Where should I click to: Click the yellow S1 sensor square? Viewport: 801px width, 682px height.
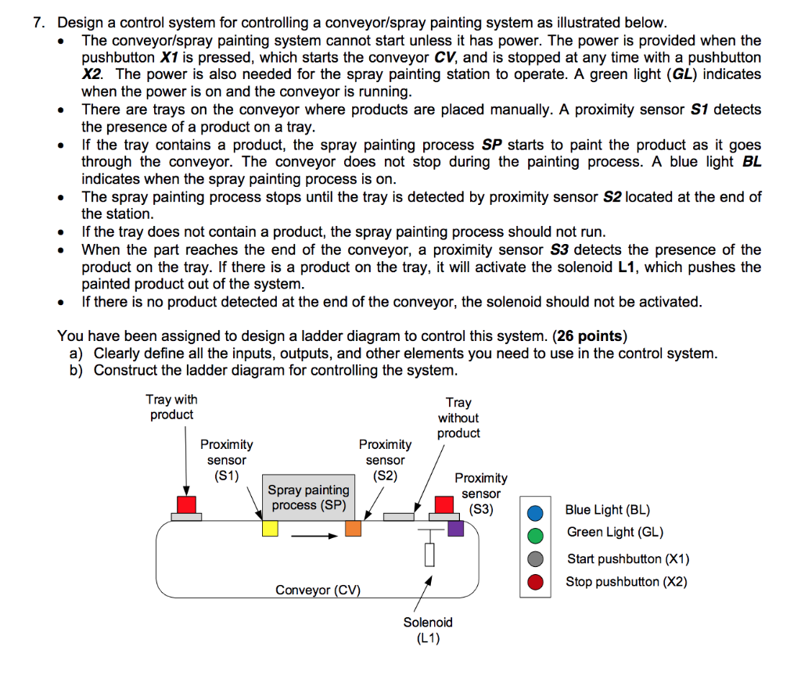click(270, 529)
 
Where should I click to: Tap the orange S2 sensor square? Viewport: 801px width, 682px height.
click(353, 529)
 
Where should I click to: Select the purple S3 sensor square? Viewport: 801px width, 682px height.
click(455, 529)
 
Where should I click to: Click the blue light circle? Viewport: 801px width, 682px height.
click(535, 513)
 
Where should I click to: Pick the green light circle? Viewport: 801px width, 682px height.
click(535, 536)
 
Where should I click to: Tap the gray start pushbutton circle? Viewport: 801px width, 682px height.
click(535, 559)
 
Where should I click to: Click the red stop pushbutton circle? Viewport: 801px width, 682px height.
click(535, 582)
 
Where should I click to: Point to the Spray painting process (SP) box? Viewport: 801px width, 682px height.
click(308, 497)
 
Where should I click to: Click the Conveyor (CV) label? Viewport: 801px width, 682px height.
click(318, 590)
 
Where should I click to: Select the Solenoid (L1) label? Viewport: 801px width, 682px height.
click(428, 630)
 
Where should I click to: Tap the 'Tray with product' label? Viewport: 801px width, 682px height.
click(171, 407)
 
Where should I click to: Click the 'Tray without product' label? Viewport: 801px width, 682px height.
click(458, 418)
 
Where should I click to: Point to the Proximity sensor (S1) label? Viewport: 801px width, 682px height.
click(226, 460)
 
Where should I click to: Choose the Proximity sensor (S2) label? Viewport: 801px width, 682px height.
click(385, 460)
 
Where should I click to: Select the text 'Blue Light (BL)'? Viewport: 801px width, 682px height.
click(607, 510)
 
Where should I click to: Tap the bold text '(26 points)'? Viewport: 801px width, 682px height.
click(590, 336)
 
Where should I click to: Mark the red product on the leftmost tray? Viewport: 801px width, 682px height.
click(186, 504)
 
